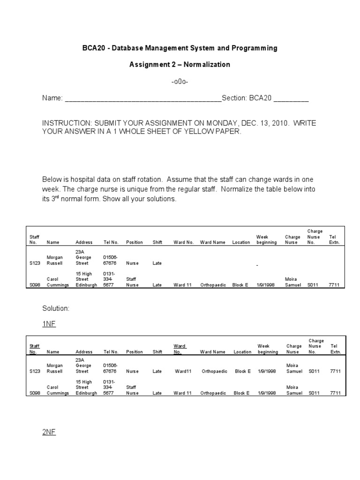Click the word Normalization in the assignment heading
206,65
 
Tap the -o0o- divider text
180,82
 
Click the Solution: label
55,308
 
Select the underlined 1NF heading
49,324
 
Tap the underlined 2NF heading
49,432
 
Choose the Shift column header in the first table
157,242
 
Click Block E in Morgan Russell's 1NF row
242,371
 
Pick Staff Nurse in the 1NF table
132,390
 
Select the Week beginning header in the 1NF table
267,349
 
